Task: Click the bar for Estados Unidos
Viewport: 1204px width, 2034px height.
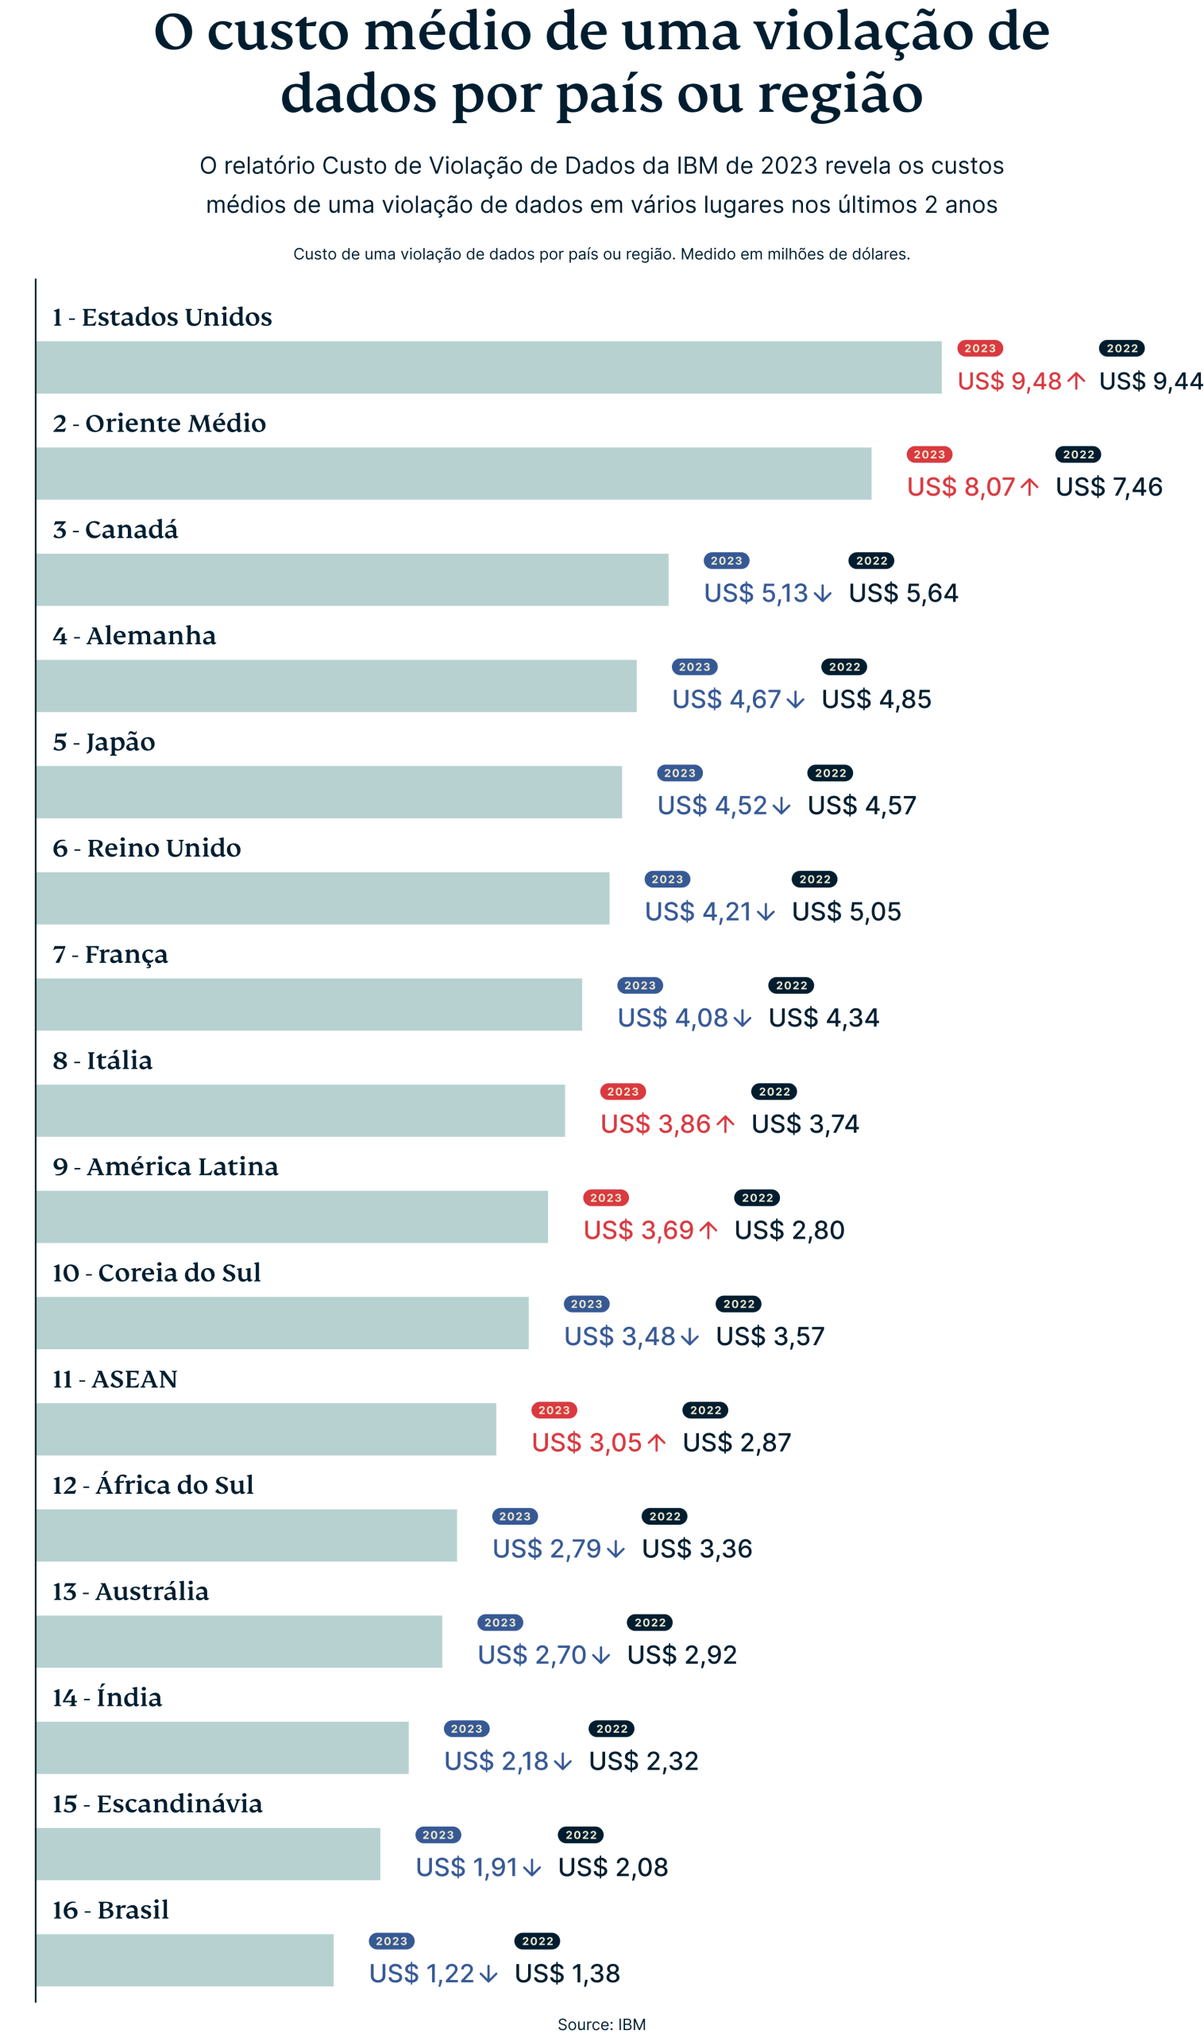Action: click(489, 368)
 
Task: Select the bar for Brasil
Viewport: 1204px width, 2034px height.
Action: click(185, 1960)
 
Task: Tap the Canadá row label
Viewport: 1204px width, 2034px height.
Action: click(115, 530)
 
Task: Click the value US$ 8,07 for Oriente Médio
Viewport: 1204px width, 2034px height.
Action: click(961, 487)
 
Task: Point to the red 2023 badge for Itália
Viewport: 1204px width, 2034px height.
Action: click(623, 1092)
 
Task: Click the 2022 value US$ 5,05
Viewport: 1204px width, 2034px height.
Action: click(846, 911)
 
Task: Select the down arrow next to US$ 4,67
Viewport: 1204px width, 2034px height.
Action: click(796, 700)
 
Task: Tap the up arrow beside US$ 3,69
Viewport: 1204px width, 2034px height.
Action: click(708, 1231)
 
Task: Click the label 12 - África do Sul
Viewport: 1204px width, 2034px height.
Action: click(153, 1485)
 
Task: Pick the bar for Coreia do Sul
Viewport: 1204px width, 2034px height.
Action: click(283, 1323)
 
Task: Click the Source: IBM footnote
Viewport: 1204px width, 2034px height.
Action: click(601, 2024)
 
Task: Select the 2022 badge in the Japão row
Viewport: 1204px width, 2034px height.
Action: click(830, 774)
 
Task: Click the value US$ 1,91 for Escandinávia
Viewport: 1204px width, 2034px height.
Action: click(466, 1868)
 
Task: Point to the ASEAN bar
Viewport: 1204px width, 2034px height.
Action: click(266, 1429)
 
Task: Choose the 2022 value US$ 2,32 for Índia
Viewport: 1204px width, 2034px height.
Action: click(643, 1761)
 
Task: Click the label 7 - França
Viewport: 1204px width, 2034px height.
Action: click(110, 954)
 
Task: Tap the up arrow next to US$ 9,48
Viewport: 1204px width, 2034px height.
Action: click(1077, 381)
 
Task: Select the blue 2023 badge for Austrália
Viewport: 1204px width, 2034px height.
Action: click(500, 1622)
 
